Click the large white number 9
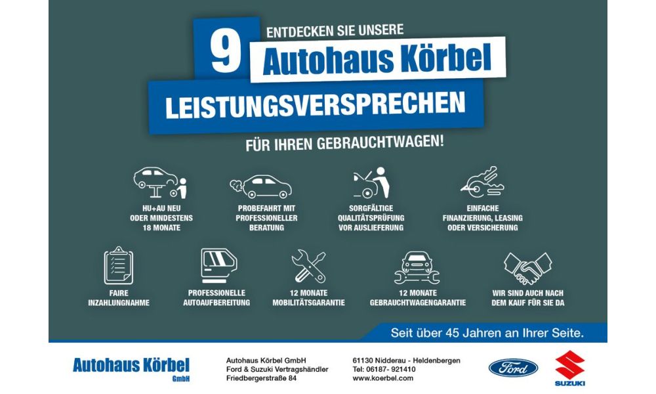click(226, 53)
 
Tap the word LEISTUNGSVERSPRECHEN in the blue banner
click(316, 105)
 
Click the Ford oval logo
click(514, 368)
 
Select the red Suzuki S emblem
click(570, 364)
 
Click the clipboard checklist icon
click(118, 265)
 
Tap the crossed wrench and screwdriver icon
click(309, 267)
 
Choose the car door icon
click(218, 265)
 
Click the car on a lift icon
click(161, 183)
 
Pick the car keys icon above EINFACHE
click(482, 182)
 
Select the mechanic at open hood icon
click(371, 183)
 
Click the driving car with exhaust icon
click(261, 186)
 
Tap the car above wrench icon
click(417, 267)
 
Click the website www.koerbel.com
click(383, 378)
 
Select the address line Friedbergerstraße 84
click(262, 378)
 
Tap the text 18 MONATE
click(161, 228)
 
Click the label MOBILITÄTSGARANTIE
click(309, 302)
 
